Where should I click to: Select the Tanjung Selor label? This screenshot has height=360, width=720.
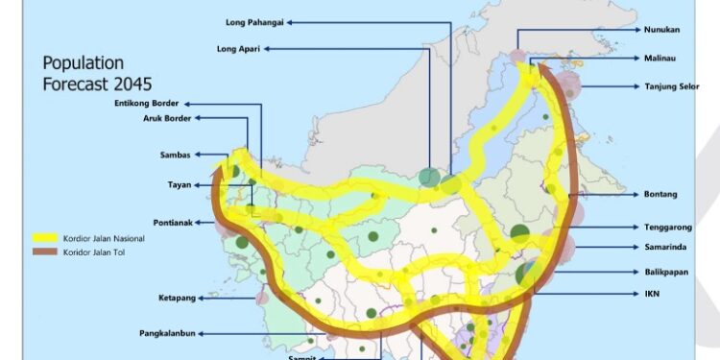671,87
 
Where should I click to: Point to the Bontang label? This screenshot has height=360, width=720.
660,195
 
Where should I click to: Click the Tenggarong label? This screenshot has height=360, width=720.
667,228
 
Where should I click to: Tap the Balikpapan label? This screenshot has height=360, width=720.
666,272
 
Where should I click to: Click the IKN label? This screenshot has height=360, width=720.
651,294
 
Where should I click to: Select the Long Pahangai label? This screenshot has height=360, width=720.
254,21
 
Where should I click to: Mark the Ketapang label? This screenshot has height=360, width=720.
177,299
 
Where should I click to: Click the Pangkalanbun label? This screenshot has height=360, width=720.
167,335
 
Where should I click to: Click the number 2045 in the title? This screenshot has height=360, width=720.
133,84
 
